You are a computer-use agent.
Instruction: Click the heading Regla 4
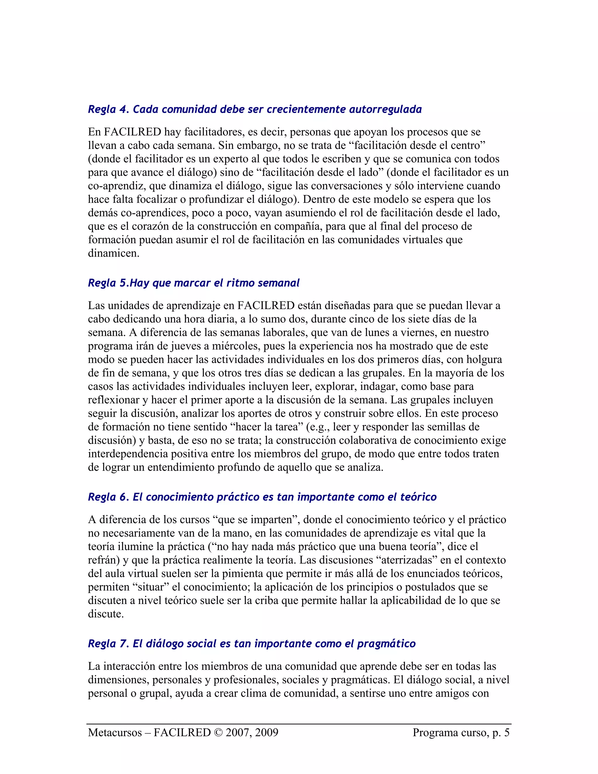[x=254, y=109]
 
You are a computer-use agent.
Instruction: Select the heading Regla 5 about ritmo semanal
[x=193, y=283]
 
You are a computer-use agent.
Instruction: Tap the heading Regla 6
[x=262, y=497]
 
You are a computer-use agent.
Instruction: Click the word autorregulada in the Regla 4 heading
[x=385, y=109]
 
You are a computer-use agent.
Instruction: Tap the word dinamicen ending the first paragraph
[x=113, y=254]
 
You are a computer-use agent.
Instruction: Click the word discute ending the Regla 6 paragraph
[x=106, y=614]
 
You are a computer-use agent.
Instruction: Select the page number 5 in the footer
[x=506, y=733]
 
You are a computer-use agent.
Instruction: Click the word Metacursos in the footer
[x=115, y=733]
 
